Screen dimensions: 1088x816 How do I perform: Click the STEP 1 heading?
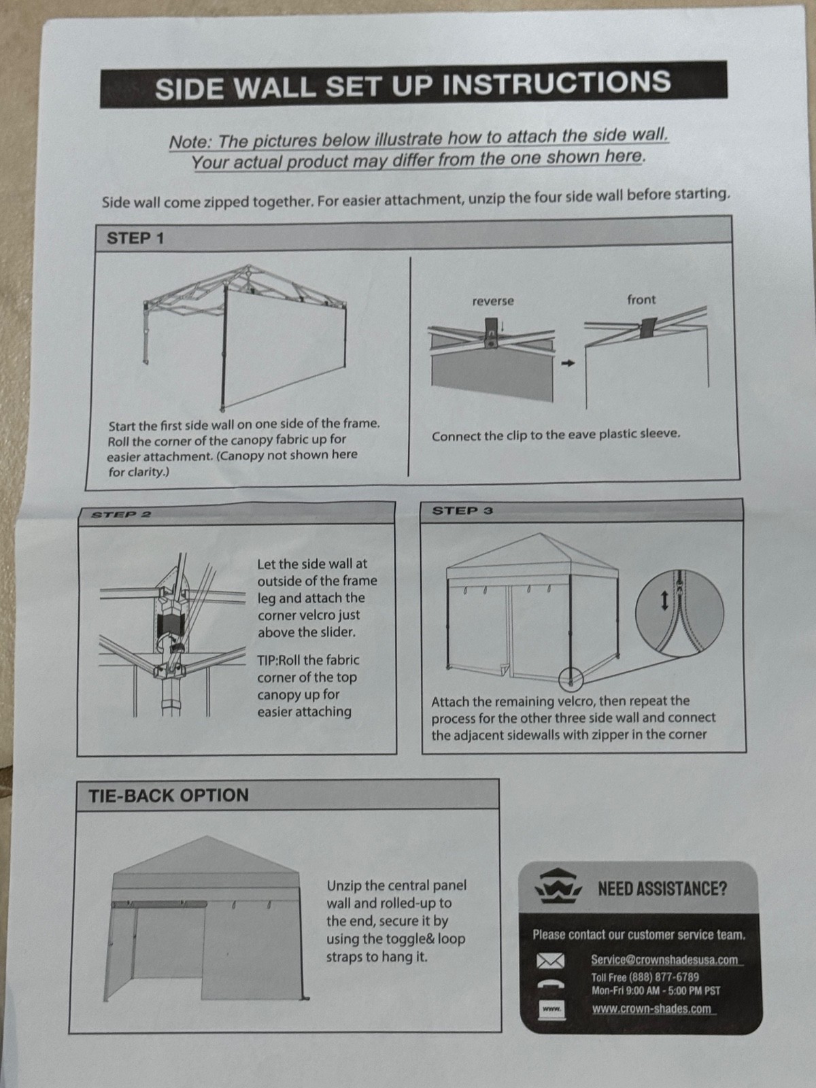coord(135,238)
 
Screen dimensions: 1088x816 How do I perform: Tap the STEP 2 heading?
coord(121,515)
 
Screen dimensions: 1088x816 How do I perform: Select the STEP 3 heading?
coord(462,511)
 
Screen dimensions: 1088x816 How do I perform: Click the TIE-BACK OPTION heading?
coord(169,795)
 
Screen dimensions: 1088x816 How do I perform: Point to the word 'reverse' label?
coord(493,301)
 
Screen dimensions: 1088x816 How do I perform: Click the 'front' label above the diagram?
coord(641,300)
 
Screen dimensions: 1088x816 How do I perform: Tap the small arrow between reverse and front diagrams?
coord(567,363)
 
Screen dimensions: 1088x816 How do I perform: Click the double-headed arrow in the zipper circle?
coord(664,600)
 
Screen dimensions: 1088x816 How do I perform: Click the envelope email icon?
coord(550,961)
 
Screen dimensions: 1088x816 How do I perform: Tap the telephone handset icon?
coord(550,984)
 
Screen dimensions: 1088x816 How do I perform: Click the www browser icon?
coord(550,1010)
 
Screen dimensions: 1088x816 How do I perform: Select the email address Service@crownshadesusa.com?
coord(664,959)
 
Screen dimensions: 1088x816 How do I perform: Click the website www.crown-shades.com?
coord(651,1009)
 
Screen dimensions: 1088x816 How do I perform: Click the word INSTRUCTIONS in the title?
coord(556,83)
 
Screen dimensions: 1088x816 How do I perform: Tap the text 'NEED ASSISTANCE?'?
coord(662,889)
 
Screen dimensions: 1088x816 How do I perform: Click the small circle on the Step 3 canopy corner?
coord(571,678)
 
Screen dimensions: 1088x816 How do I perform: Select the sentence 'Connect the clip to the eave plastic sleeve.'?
coord(556,435)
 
